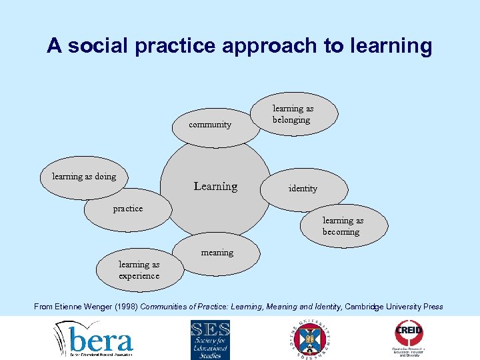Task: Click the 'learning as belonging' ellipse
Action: click(293, 115)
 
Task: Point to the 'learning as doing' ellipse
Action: click(85, 177)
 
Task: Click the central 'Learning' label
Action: click(215, 187)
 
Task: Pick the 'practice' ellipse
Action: click(127, 209)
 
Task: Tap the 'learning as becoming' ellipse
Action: click(343, 227)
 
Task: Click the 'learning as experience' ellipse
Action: click(139, 270)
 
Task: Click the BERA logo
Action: click(94, 339)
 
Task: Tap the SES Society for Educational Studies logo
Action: click(210, 339)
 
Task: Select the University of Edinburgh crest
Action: click(311, 339)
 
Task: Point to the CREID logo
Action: click(409, 339)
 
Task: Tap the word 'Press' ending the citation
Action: click(431, 307)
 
